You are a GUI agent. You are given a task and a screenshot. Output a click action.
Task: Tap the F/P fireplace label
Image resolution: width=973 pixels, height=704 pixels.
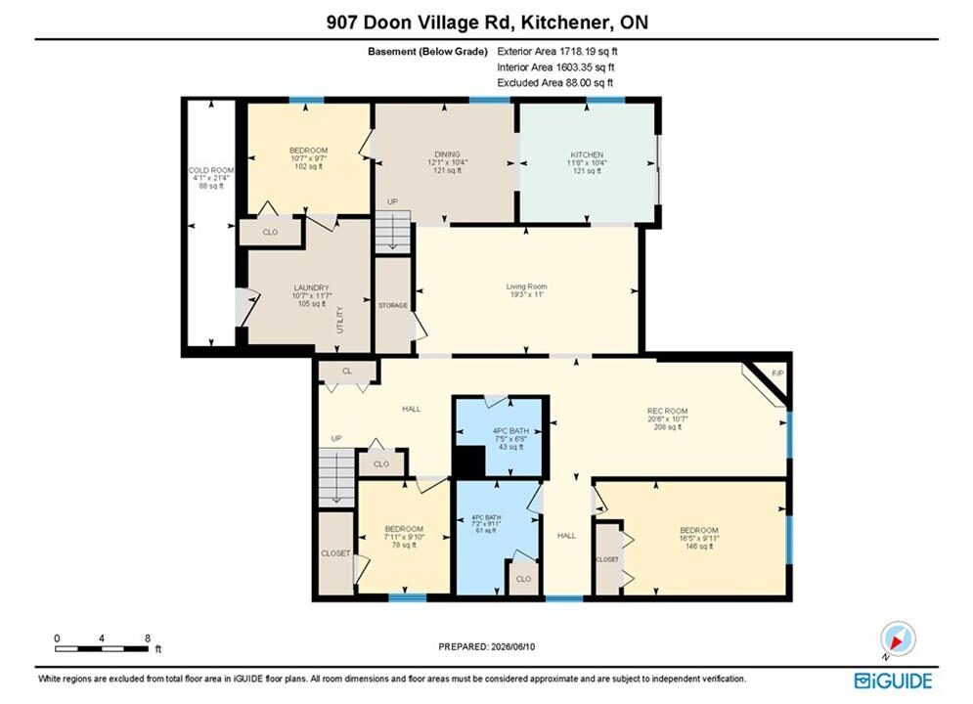777,373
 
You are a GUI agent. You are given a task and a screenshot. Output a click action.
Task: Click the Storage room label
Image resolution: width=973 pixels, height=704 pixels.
393,305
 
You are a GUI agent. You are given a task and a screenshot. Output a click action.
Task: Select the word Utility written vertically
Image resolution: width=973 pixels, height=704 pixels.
339,320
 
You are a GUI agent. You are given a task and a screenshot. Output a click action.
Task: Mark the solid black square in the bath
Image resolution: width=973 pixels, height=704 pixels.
469,462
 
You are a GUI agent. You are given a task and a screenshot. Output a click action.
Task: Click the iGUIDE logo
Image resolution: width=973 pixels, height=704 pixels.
893,681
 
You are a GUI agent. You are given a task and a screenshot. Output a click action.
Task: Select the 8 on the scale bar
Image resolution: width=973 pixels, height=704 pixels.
147,638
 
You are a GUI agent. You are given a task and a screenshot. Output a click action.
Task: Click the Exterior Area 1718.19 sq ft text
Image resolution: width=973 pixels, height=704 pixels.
557,52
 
